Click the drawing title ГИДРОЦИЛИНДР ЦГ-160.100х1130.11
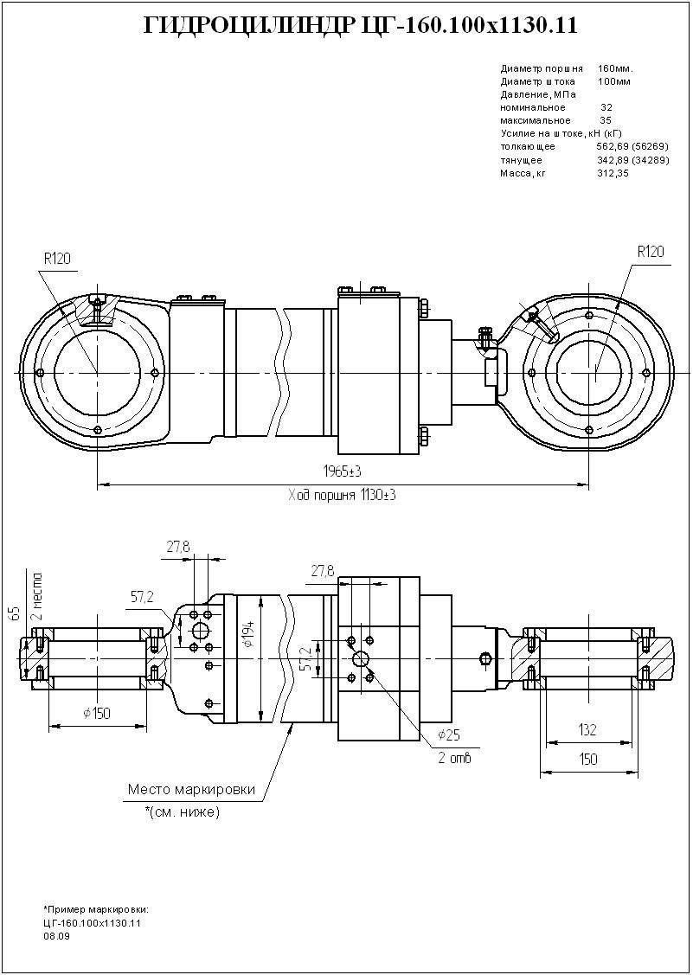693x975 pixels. (x=359, y=27)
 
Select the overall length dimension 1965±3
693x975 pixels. (x=342, y=471)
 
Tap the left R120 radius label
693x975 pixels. (x=56, y=258)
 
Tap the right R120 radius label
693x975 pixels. (x=650, y=252)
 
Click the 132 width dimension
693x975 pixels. (x=587, y=729)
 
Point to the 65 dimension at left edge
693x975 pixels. (x=14, y=613)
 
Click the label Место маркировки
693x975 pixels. (x=191, y=789)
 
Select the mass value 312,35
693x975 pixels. (x=612, y=173)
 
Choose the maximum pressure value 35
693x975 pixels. (x=606, y=120)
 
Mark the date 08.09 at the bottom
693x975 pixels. (x=56, y=935)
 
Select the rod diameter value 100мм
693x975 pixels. (x=614, y=81)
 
